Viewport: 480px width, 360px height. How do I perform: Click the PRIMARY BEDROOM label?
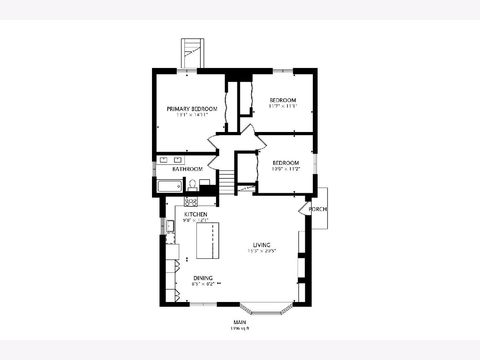click(x=192, y=109)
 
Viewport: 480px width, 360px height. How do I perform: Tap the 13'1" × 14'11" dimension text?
click(x=192, y=115)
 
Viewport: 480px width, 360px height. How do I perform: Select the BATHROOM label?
click(x=188, y=169)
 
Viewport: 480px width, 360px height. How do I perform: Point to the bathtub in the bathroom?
click(x=170, y=186)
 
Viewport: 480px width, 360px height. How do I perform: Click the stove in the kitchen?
click(x=191, y=201)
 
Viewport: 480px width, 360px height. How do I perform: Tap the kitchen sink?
click(x=170, y=226)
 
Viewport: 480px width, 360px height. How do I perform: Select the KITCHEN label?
click(x=196, y=214)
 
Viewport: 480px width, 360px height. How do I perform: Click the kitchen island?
click(x=208, y=240)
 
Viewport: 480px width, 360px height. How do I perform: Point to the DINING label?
click(x=203, y=278)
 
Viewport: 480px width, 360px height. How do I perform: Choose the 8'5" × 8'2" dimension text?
click(x=203, y=284)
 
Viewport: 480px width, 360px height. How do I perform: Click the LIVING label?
click(x=262, y=245)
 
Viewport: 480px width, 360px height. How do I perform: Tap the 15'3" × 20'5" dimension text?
click(x=262, y=251)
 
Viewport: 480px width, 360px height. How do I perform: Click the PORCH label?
click(x=318, y=209)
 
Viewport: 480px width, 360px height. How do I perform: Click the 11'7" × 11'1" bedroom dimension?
click(x=283, y=106)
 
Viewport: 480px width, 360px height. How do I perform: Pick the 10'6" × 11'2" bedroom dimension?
click(x=286, y=169)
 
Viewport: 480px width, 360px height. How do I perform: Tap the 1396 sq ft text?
click(x=240, y=328)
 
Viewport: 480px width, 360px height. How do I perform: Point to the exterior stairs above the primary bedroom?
click(x=192, y=53)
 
